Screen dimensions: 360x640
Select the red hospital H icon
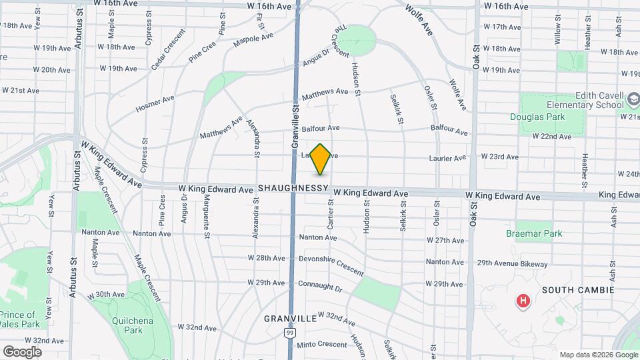click(523, 301)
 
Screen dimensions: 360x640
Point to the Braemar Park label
click(533, 234)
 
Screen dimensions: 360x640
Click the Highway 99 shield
click(289, 332)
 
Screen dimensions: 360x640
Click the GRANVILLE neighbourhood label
click(290, 319)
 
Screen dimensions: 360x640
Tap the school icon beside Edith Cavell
click(633, 101)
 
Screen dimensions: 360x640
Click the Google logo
click(21, 352)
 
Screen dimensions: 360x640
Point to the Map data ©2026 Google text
click(598, 355)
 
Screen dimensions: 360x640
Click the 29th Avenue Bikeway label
click(512, 264)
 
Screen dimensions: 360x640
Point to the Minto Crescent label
click(322, 345)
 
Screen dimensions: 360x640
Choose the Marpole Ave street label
click(253, 40)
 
